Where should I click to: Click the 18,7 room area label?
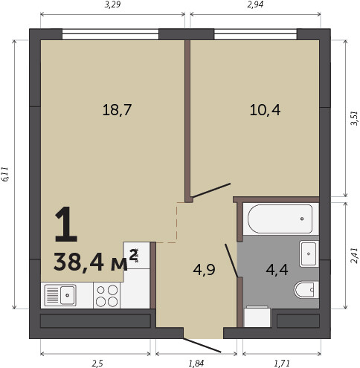pyautogui.click(x=117, y=110)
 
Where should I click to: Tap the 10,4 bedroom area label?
pyautogui.click(x=265, y=110)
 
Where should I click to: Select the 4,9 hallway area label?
pyautogui.click(x=204, y=270)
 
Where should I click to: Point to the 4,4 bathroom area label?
pyautogui.click(x=277, y=270)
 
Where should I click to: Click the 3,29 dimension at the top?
pyautogui.click(x=112, y=4)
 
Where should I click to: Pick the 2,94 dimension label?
pyautogui.click(x=255, y=4)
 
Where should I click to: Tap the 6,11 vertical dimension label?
pyautogui.click(x=5, y=175)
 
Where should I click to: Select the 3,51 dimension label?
pyautogui.click(x=354, y=118)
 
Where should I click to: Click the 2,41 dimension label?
pyautogui.click(x=354, y=256)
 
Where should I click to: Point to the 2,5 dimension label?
pyautogui.click(x=97, y=364)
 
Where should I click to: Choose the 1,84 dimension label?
pyautogui.click(x=196, y=364)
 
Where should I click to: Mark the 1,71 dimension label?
pyautogui.click(x=282, y=364)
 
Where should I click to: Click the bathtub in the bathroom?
pyautogui.click(x=280, y=219)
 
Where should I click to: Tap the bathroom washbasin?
pyautogui.click(x=309, y=254)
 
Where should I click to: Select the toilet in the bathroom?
pyautogui.click(x=306, y=290)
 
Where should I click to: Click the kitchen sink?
pyautogui.click(x=60, y=295)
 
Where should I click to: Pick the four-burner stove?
pyautogui.click(x=106, y=295)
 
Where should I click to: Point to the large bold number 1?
pyautogui.click(x=65, y=224)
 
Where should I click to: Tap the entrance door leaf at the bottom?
pyautogui.click(x=202, y=345)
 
